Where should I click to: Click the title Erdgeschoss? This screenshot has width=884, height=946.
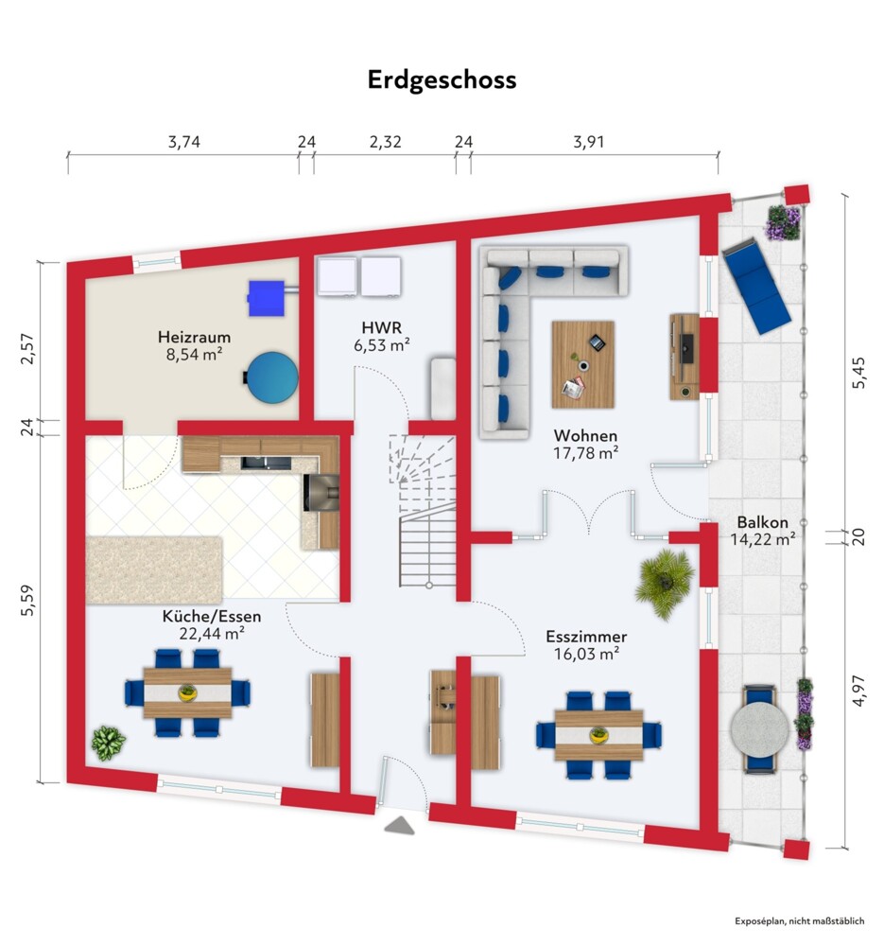pyautogui.click(x=442, y=80)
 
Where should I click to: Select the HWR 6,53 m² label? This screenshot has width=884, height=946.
pyautogui.click(x=382, y=336)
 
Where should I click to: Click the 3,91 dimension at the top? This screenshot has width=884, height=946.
pyautogui.click(x=588, y=143)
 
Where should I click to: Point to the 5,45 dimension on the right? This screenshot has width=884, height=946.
pyautogui.click(x=858, y=372)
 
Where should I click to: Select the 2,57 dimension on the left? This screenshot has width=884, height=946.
pyautogui.click(x=27, y=349)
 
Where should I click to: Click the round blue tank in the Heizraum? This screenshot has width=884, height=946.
pyautogui.click(x=272, y=377)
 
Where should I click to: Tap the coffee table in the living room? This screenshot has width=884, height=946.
pyautogui.click(x=582, y=364)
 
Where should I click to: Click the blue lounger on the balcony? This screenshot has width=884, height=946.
pyautogui.click(x=756, y=286)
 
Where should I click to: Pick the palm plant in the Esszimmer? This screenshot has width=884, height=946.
pyautogui.click(x=665, y=583)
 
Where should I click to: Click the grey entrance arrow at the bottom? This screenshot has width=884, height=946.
pyautogui.click(x=400, y=825)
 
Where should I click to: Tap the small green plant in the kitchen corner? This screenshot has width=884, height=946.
pyautogui.click(x=108, y=743)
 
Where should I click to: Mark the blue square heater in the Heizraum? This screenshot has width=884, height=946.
pyautogui.click(x=266, y=298)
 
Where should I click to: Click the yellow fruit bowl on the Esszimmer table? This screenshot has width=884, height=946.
pyautogui.click(x=598, y=735)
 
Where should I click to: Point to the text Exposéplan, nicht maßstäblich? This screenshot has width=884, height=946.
pyautogui.click(x=799, y=921)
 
